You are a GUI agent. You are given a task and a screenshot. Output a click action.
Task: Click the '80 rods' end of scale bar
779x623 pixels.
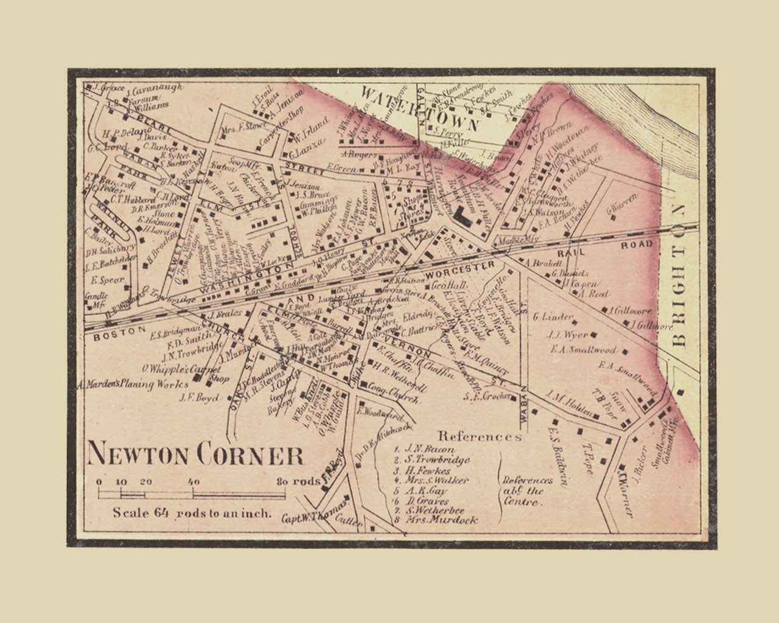[x=296, y=481]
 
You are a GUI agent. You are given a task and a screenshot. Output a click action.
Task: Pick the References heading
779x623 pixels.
[x=480, y=436]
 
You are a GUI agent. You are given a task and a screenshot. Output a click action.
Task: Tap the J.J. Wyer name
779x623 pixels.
[x=567, y=335]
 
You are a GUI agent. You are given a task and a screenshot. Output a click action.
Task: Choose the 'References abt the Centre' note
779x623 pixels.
[x=528, y=491]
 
